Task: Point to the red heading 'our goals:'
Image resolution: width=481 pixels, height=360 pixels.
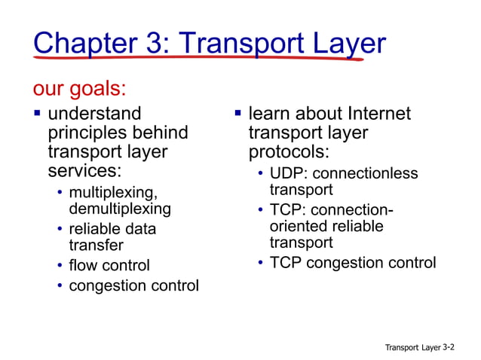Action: [78, 89]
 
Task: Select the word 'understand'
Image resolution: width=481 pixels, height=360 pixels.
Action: [94, 114]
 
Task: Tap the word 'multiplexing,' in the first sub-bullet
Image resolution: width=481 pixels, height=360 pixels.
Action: [113, 194]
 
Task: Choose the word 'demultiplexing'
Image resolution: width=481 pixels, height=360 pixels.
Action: [120, 209]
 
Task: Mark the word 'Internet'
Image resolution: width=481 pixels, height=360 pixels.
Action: [379, 114]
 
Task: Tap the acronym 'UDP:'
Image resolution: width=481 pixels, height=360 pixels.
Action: [289, 174]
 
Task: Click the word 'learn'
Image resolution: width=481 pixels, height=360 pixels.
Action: [269, 114]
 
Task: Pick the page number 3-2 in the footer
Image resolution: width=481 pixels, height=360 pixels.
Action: [449, 347]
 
